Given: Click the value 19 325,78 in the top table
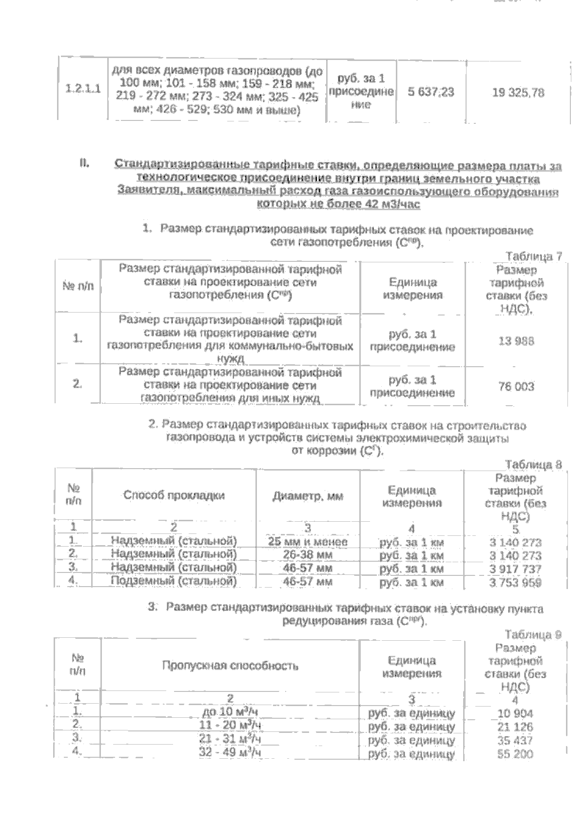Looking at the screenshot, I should coord(518,92).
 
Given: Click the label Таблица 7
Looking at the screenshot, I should coord(534,256).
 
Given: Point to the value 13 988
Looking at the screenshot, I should coord(516,341).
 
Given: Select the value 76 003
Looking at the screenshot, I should coord(516,387).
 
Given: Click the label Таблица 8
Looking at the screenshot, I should coord(533,464).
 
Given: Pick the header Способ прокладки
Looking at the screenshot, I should coord(174,495).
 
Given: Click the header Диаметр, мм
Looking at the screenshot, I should coord(308,496).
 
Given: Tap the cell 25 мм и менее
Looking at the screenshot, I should coord(308,542).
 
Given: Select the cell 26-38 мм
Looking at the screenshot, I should coord(308,555).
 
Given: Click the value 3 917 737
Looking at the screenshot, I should coord(515,569).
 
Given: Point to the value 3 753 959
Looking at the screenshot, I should coord(515,582).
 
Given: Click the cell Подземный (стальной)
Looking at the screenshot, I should coord(174,581).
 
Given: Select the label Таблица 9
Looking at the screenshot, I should coord(533,635).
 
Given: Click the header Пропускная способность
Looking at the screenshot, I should coord(230,666).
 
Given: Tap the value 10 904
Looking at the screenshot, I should coord(515,713).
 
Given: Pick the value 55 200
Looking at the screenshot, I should coord(515,754).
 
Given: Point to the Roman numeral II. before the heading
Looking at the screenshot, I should coord(83,163).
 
